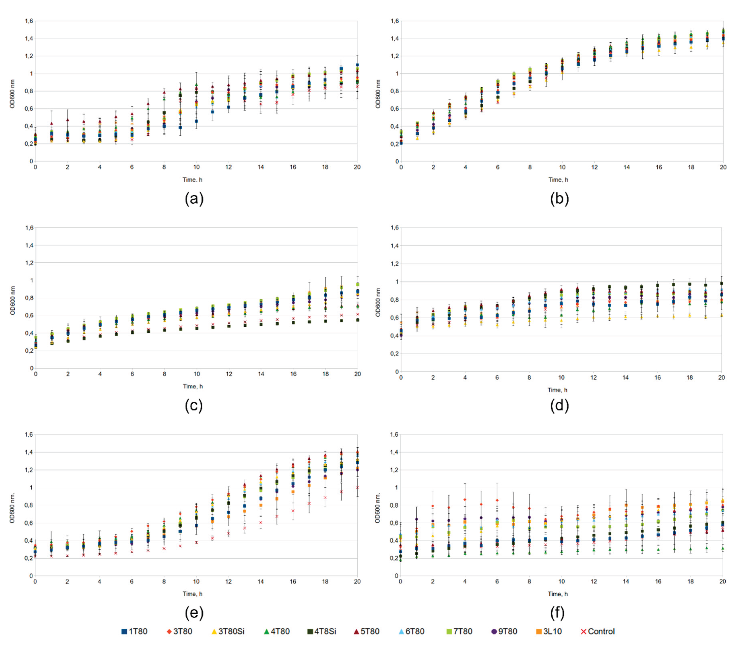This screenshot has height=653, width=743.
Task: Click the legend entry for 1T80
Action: pos(134,631)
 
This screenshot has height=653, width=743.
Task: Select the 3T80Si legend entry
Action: pos(228,631)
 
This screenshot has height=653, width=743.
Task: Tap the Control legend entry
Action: pos(598,631)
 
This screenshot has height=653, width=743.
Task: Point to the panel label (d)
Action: pos(559,406)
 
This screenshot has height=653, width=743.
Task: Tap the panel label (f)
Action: pos(557,613)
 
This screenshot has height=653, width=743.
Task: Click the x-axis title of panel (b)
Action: pos(558,180)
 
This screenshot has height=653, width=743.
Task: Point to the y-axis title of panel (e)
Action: pos(12,508)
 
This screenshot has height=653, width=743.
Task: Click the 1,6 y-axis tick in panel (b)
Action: pos(394,21)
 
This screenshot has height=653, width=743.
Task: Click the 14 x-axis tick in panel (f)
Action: pos(626,581)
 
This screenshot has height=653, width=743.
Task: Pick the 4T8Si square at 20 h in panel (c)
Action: pos(358,320)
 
